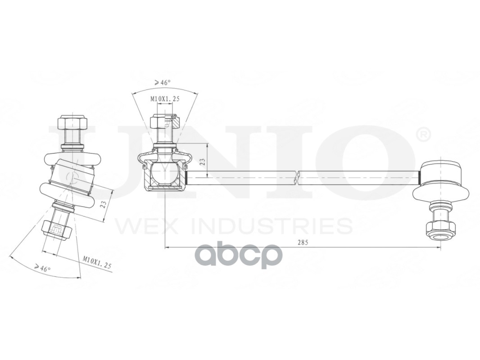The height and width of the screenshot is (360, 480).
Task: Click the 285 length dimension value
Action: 303,243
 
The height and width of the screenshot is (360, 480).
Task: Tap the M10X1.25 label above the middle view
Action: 165,99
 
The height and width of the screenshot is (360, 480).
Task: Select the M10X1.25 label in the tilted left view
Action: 97,262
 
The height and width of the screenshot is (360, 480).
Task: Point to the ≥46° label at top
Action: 163,82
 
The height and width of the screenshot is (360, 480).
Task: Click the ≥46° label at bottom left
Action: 42,268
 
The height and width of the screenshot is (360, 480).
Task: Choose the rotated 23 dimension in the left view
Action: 104,204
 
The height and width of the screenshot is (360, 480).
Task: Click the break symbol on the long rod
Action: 296,177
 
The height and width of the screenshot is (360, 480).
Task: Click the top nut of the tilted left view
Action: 72,123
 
